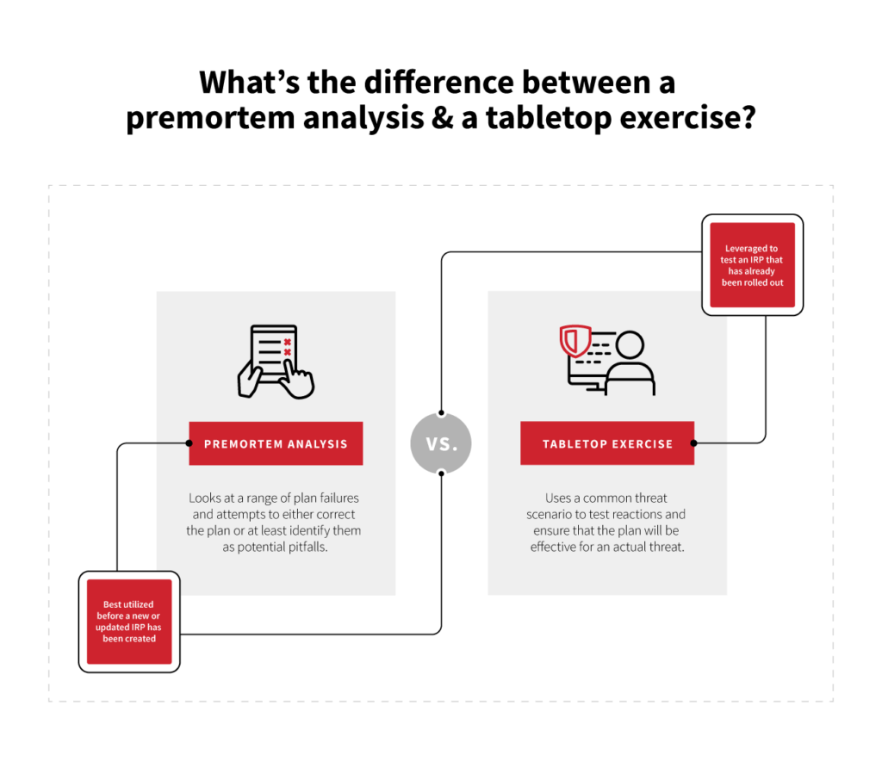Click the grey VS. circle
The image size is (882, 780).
click(441, 443)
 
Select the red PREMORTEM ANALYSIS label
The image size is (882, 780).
click(276, 443)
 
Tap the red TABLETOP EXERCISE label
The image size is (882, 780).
click(607, 443)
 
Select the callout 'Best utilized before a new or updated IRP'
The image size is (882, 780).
click(129, 622)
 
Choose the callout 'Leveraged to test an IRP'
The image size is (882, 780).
click(752, 265)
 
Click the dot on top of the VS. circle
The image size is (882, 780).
click(441, 412)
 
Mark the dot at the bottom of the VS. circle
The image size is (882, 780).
click(441, 474)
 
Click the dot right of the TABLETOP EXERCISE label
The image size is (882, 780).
click(695, 443)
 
